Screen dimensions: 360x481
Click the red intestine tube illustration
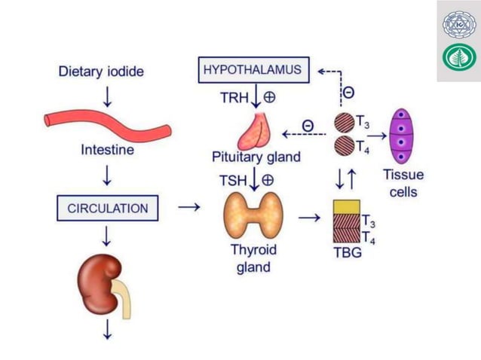tap(106, 122)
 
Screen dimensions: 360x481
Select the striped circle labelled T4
tap(344, 145)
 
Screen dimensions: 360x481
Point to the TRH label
tap(230, 99)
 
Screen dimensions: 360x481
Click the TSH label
tap(231, 181)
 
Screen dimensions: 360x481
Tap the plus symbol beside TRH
tap(268, 98)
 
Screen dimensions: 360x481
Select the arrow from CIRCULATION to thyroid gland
tap(189, 206)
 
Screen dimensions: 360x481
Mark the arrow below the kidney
tap(107, 329)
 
